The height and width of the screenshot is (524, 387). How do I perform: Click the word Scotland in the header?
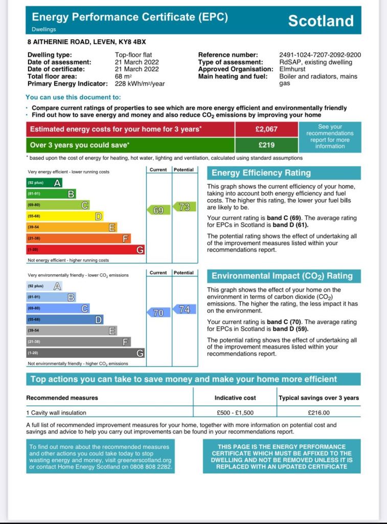[x=321, y=20]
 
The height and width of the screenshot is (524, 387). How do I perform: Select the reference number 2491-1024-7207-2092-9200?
[x=320, y=55]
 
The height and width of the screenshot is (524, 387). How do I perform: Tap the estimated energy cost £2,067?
[x=266, y=129]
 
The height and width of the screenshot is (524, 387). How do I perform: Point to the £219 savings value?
[x=266, y=145]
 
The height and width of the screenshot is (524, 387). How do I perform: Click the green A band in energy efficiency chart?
[x=44, y=183]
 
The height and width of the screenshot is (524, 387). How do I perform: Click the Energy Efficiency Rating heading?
[x=261, y=173]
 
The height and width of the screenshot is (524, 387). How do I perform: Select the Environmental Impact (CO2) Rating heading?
[x=282, y=276]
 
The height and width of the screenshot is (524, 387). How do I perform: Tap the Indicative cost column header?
[x=235, y=398]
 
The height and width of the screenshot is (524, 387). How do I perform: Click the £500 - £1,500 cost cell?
[x=235, y=412]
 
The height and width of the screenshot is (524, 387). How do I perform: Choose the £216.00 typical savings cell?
[x=318, y=412]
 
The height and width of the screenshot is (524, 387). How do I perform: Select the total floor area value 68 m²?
[x=123, y=76]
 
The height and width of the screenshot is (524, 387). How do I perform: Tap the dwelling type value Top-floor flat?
[x=133, y=55]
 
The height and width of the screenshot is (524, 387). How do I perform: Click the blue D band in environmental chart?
[x=65, y=320]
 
